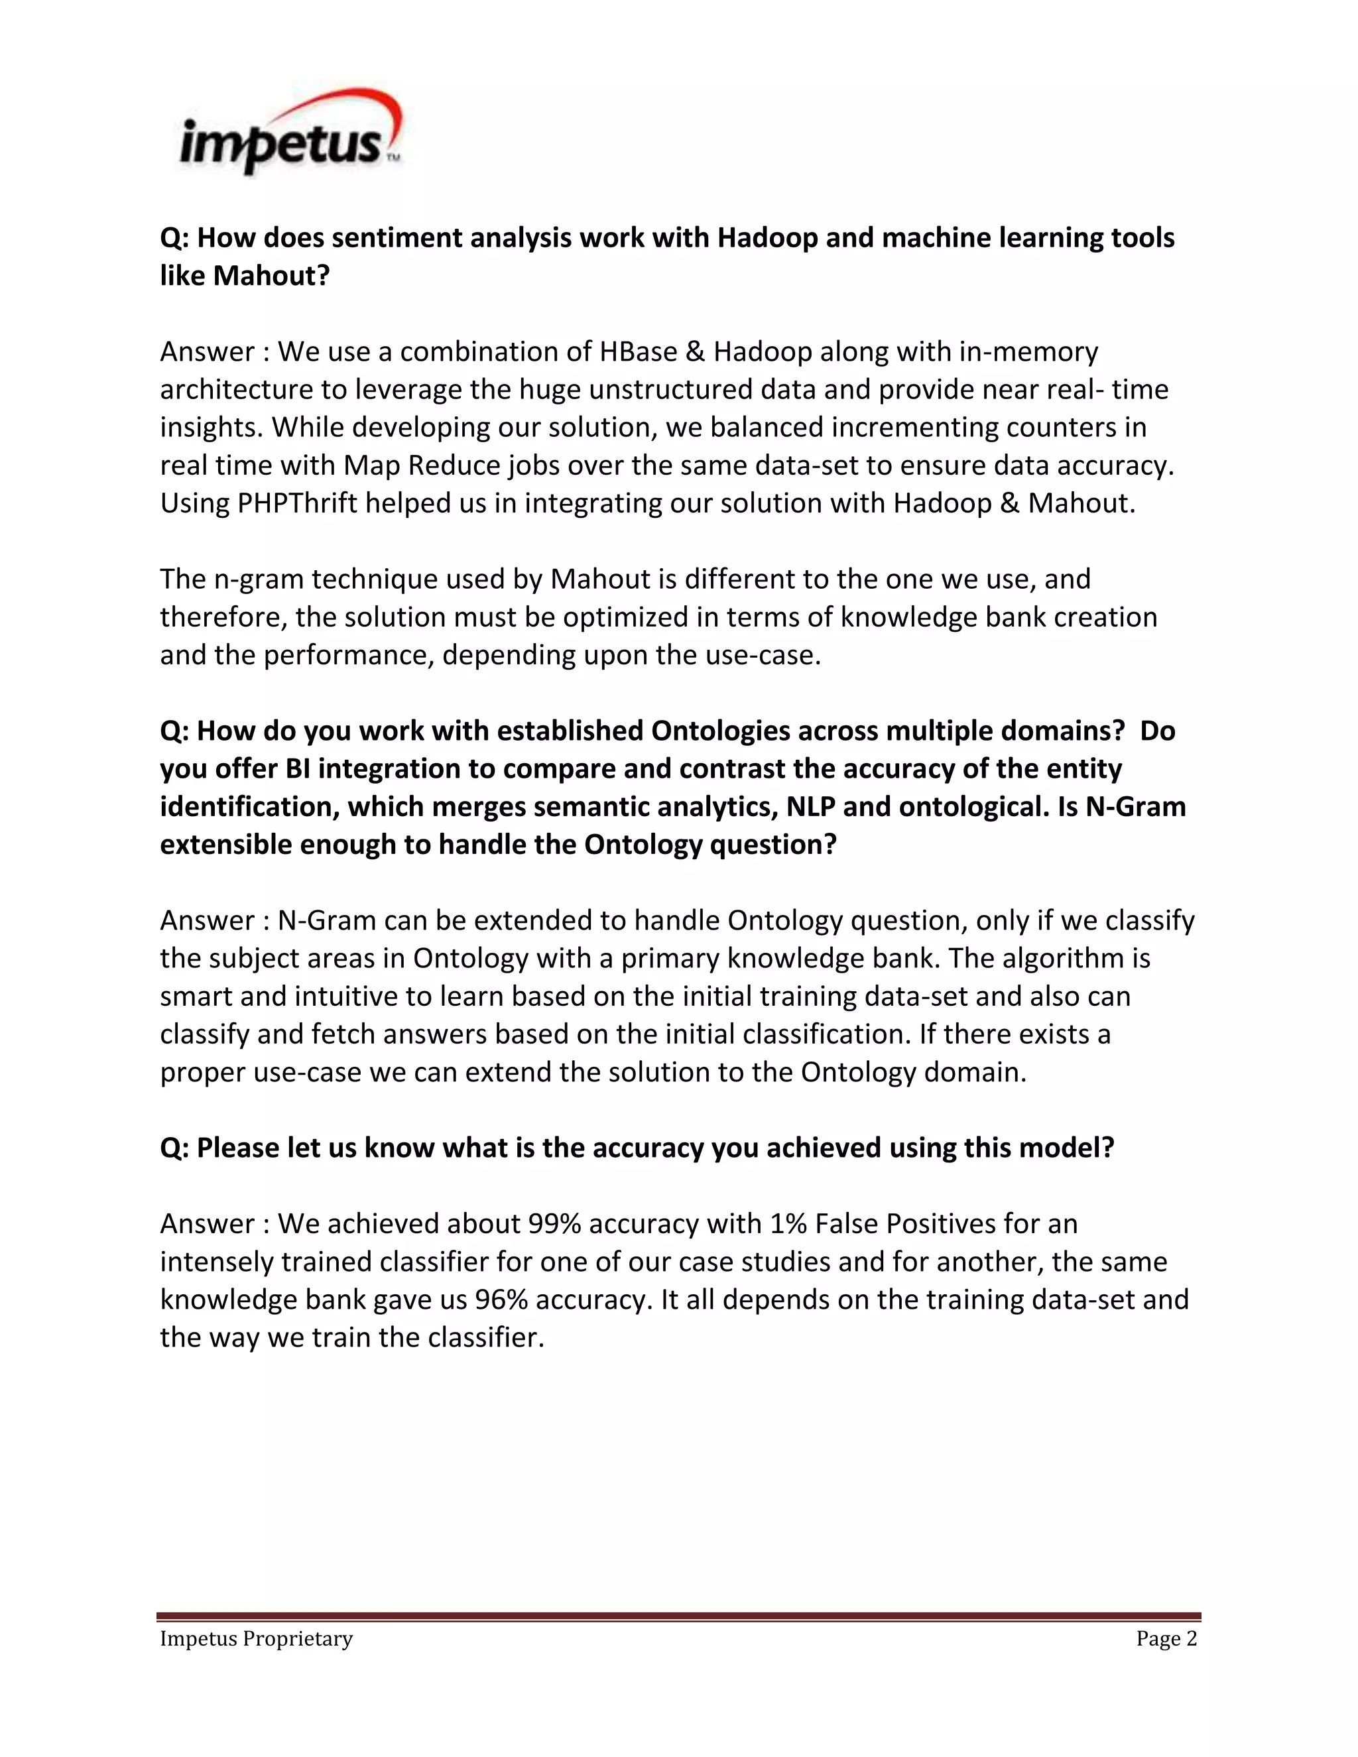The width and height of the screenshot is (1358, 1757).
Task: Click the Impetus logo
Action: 290,133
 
